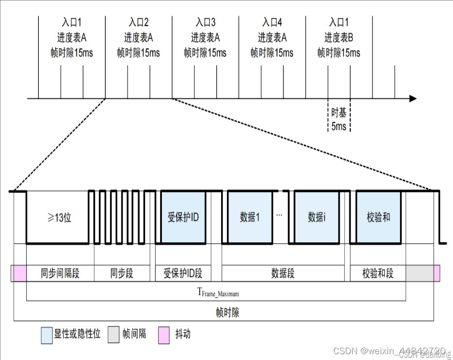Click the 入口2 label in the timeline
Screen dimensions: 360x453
coord(139,22)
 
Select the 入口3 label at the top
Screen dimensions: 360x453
coord(206,22)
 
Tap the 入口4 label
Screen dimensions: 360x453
coord(272,22)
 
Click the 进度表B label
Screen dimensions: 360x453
coord(339,38)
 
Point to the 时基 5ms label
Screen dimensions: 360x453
coord(339,120)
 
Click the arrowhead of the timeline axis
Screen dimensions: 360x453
coord(413,99)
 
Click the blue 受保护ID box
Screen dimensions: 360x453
coord(183,217)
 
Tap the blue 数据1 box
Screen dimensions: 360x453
coord(250,217)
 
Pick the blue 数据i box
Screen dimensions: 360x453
coord(316,217)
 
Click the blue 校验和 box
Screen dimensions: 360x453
coord(378,217)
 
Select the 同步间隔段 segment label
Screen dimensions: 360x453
coord(60,274)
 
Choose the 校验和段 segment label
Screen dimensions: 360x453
coord(378,274)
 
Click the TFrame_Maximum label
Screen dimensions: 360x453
coord(218,292)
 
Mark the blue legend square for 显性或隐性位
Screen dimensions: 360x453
coord(47,335)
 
